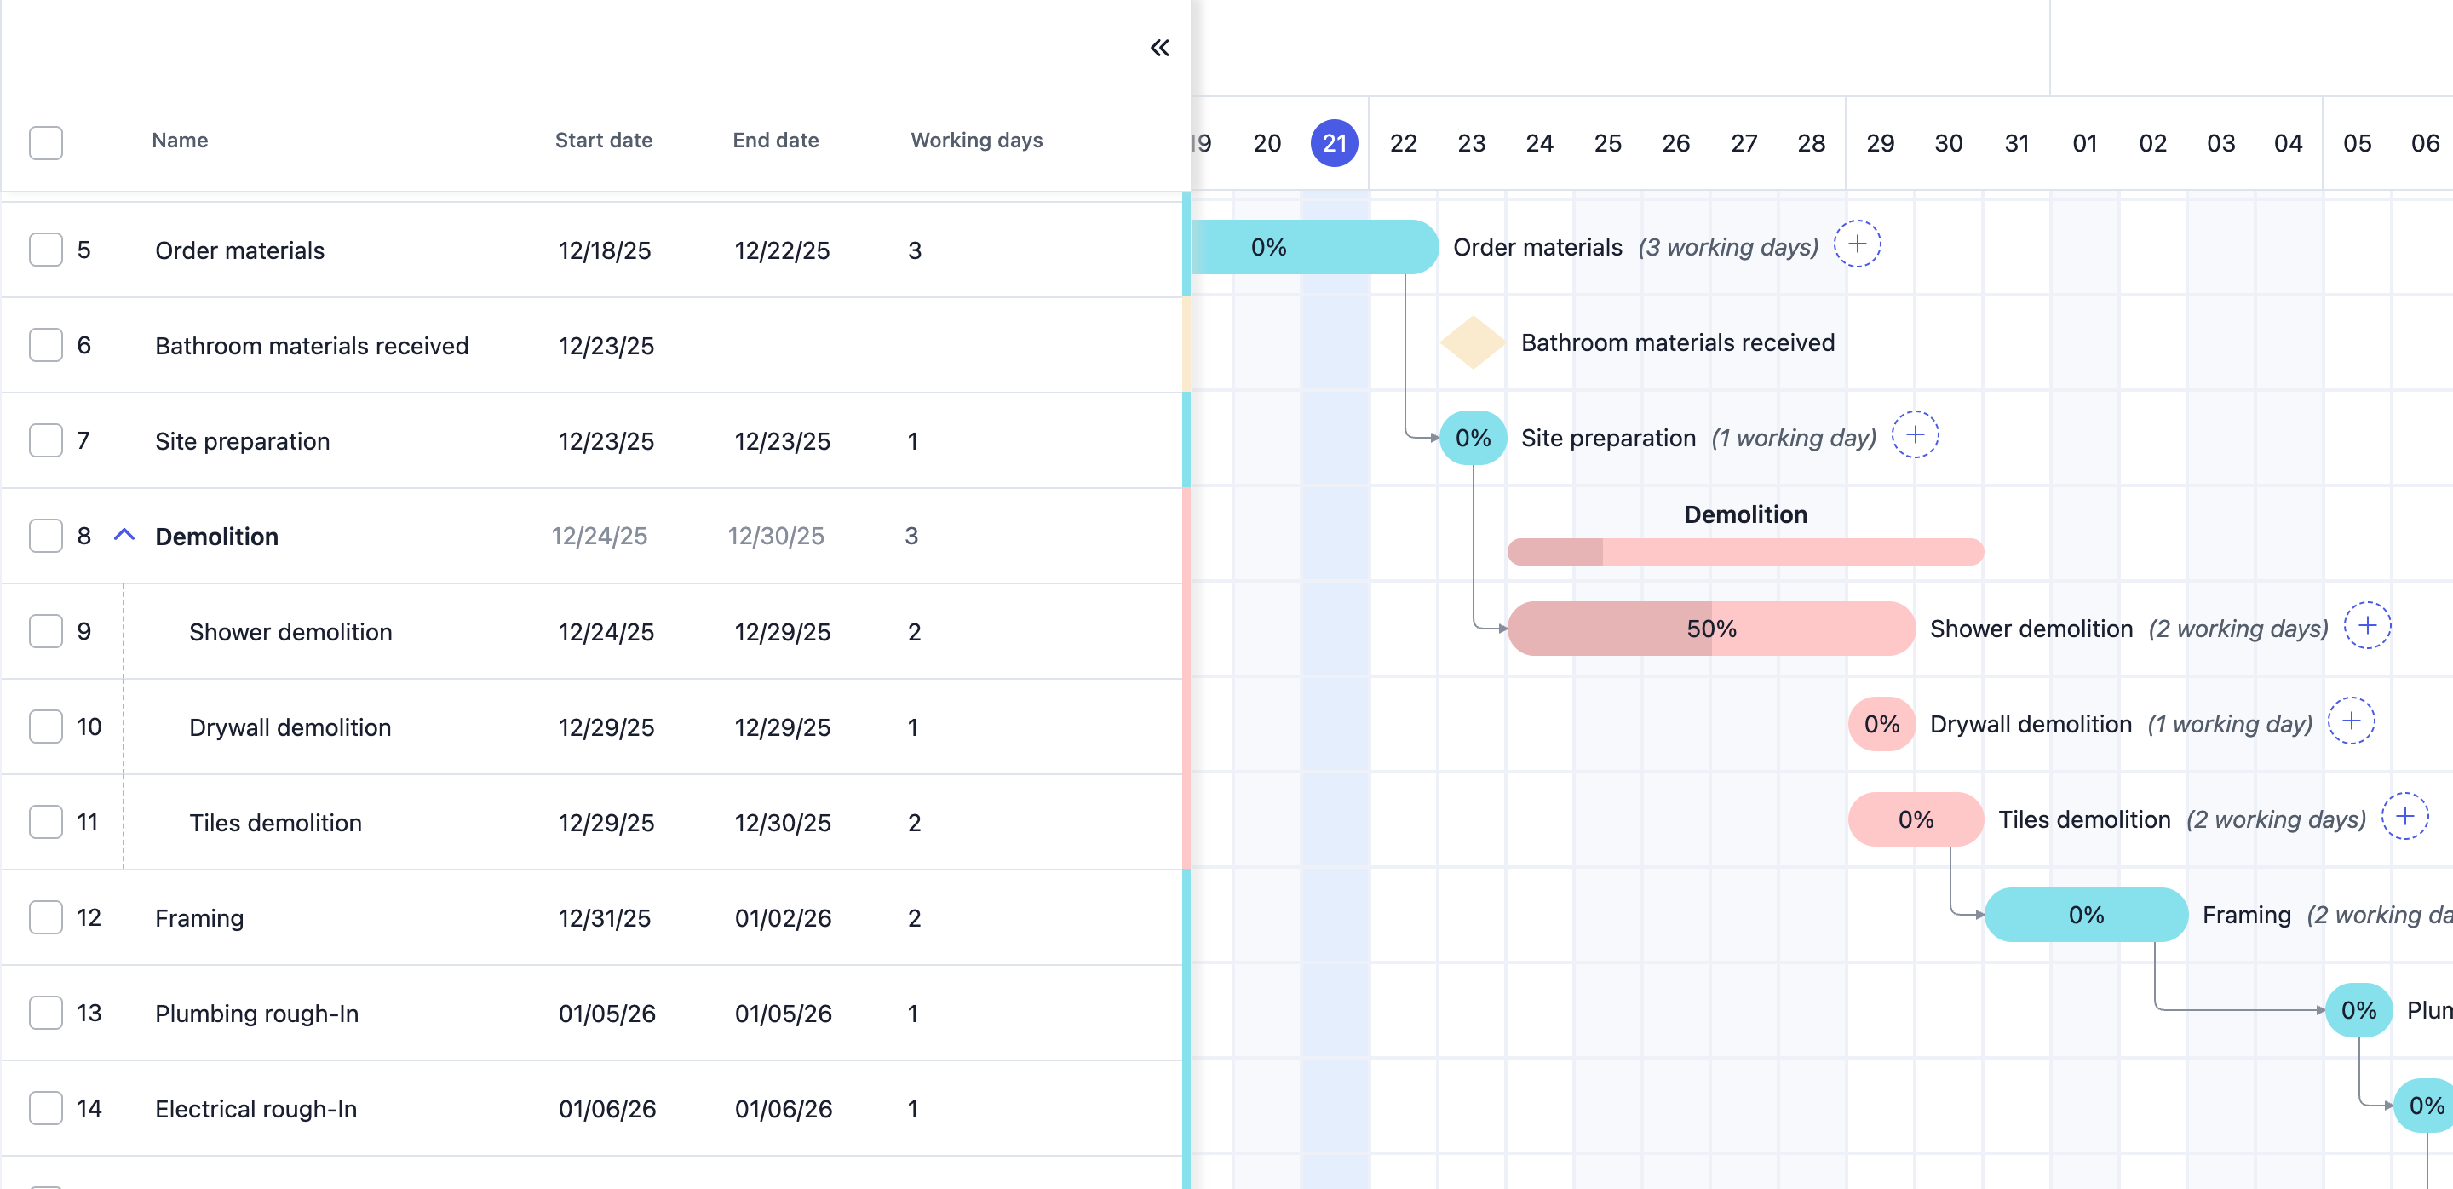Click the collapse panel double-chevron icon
1159,48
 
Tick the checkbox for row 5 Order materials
46,250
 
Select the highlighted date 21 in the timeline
1334,143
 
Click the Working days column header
976,140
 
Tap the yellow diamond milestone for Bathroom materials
1472,342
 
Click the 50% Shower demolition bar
1711,629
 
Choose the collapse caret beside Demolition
124,535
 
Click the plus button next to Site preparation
1915,435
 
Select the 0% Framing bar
2085,915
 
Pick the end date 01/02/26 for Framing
783,917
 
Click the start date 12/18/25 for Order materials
605,250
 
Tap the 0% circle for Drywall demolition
1881,725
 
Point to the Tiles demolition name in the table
275,823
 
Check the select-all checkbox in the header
46,143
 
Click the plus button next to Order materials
1857,244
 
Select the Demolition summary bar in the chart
1745,551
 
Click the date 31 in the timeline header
2017,143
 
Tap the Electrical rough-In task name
256,1109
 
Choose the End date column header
775,140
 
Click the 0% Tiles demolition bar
1916,819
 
